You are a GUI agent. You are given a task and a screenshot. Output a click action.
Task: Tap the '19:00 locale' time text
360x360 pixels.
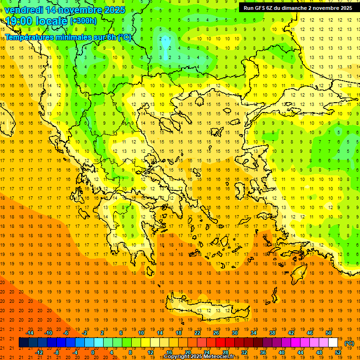tap(37, 20)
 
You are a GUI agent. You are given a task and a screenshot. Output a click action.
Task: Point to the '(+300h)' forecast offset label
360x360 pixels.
tap(83, 21)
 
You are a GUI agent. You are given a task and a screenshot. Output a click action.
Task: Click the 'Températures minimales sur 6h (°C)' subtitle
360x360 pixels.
tap(68, 37)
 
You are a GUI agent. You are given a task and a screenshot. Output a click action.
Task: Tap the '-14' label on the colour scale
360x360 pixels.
tap(30, 333)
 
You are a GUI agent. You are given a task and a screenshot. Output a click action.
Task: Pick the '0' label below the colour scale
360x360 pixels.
tap(93, 352)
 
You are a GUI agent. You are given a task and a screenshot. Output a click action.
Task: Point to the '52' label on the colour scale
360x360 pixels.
tap(338, 352)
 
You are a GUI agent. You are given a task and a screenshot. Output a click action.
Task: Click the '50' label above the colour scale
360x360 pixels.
tap(329, 333)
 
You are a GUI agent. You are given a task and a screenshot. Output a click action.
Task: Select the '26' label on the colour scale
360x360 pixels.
tap(216, 333)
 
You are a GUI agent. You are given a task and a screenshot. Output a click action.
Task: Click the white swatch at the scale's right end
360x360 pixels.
tap(333, 343)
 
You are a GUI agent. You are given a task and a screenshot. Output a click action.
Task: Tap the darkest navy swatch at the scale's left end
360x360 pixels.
tap(23, 343)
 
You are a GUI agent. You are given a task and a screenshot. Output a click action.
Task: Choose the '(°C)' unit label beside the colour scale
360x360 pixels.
tap(349, 343)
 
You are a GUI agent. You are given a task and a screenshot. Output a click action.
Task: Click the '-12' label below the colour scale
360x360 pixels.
tap(39, 352)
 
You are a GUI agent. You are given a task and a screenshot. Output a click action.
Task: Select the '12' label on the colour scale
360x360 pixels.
tap(150, 352)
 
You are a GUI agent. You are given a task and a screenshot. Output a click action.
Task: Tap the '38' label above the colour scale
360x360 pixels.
tap(272, 333)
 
